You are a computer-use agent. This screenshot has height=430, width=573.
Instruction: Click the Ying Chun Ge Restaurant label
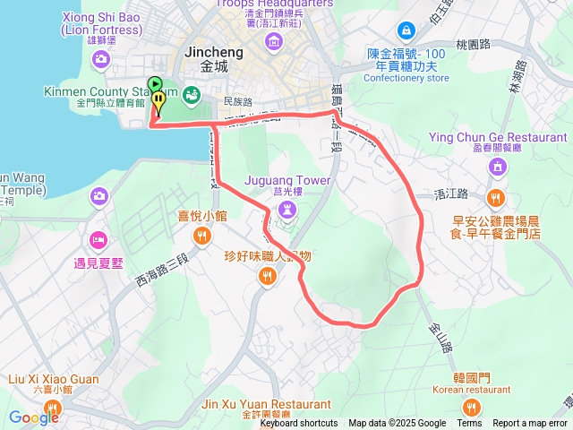(498, 137)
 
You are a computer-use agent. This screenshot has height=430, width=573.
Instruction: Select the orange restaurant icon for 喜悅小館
(202, 236)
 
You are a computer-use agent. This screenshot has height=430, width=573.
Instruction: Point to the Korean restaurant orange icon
(472, 408)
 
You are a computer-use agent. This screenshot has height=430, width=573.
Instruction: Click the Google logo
(33, 417)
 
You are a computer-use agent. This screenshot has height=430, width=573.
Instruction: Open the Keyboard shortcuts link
(299, 424)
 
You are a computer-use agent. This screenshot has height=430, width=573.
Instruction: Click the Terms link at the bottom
(469, 424)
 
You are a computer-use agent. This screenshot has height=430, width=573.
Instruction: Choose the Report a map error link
(531, 424)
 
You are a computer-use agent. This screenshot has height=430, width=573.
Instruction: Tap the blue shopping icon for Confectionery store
(406, 30)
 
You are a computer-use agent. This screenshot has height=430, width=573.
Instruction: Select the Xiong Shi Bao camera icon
(100, 58)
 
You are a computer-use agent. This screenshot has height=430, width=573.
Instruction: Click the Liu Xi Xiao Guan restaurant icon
(54, 409)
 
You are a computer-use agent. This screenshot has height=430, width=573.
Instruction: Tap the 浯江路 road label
(450, 193)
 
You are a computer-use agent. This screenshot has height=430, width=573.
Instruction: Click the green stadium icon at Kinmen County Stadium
(190, 93)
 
